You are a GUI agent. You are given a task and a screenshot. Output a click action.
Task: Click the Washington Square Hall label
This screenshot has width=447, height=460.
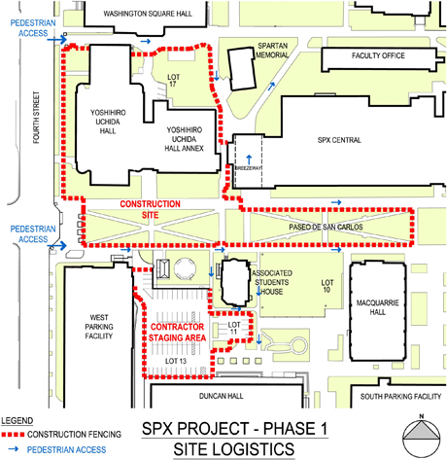[x=148, y=14]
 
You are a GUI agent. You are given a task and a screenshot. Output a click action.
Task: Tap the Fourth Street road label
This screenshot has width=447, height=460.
[x=36, y=118]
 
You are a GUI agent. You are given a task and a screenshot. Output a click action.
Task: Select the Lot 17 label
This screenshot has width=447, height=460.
[x=173, y=81]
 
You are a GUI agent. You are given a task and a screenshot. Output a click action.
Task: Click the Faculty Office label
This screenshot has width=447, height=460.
[x=378, y=55]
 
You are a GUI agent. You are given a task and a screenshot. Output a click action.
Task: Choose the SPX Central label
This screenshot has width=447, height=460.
[x=339, y=140]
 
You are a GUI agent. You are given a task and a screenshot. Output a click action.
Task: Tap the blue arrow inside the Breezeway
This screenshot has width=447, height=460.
[x=249, y=159]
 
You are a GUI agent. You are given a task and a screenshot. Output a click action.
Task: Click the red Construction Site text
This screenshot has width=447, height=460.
[x=150, y=209]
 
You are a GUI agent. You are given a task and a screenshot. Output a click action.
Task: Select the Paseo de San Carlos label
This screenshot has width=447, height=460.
[x=326, y=227]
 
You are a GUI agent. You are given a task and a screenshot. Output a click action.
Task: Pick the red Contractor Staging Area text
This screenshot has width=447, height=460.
[x=177, y=333]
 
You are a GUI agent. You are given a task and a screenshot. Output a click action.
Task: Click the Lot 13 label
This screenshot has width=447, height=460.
[x=176, y=361]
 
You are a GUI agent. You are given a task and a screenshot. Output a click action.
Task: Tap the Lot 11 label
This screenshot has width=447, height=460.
[x=234, y=328]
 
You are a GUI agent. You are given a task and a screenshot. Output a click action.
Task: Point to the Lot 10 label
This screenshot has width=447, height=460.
[x=327, y=286]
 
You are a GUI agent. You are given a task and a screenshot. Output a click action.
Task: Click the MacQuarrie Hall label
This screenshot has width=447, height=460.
[x=378, y=307]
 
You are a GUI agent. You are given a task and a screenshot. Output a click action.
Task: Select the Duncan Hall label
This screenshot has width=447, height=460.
[x=221, y=396]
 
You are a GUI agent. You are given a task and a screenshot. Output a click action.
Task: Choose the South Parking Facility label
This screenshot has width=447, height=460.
[x=400, y=397]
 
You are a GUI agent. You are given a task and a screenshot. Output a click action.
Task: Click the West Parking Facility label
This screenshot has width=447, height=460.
[x=99, y=327]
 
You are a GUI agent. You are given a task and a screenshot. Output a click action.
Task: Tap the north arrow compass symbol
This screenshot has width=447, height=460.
[x=422, y=436]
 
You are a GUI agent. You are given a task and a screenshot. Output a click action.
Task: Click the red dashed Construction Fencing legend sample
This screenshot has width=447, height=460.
[x=13, y=435]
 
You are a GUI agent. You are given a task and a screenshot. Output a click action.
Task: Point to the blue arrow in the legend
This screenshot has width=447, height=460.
[x=14, y=449]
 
